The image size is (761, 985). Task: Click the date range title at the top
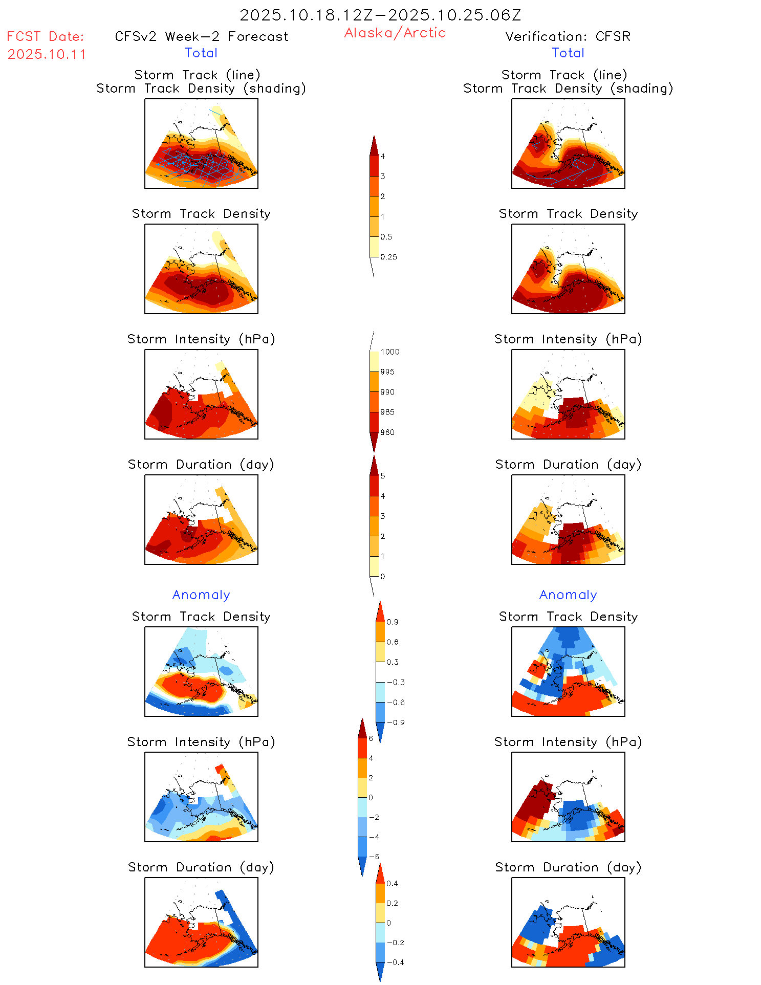[380, 15]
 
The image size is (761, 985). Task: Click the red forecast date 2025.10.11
[47, 54]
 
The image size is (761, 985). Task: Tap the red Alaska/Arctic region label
[395, 33]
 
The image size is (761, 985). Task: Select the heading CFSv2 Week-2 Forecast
[202, 36]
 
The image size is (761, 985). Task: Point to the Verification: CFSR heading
[568, 36]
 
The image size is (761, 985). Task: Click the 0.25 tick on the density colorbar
[388, 257]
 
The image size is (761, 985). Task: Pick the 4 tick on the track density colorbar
[383, 157]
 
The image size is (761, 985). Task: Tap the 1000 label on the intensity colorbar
[389, 352]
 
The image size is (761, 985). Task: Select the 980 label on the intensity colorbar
[387, 432]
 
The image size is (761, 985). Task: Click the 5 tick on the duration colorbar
[383, 476]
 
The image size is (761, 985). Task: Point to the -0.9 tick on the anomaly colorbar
[395, 723]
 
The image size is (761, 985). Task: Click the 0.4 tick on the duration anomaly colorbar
[392, 884]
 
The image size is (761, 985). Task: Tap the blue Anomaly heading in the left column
[201, 595]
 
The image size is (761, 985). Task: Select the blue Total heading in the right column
[568, 53]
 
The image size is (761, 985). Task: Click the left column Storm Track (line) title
[197, 75]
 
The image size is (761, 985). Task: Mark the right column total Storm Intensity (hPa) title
[568, 339]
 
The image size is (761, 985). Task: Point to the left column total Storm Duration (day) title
[201, 464]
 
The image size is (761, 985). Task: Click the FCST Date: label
[45, 36]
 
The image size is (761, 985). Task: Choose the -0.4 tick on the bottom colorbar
[395, 962]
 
